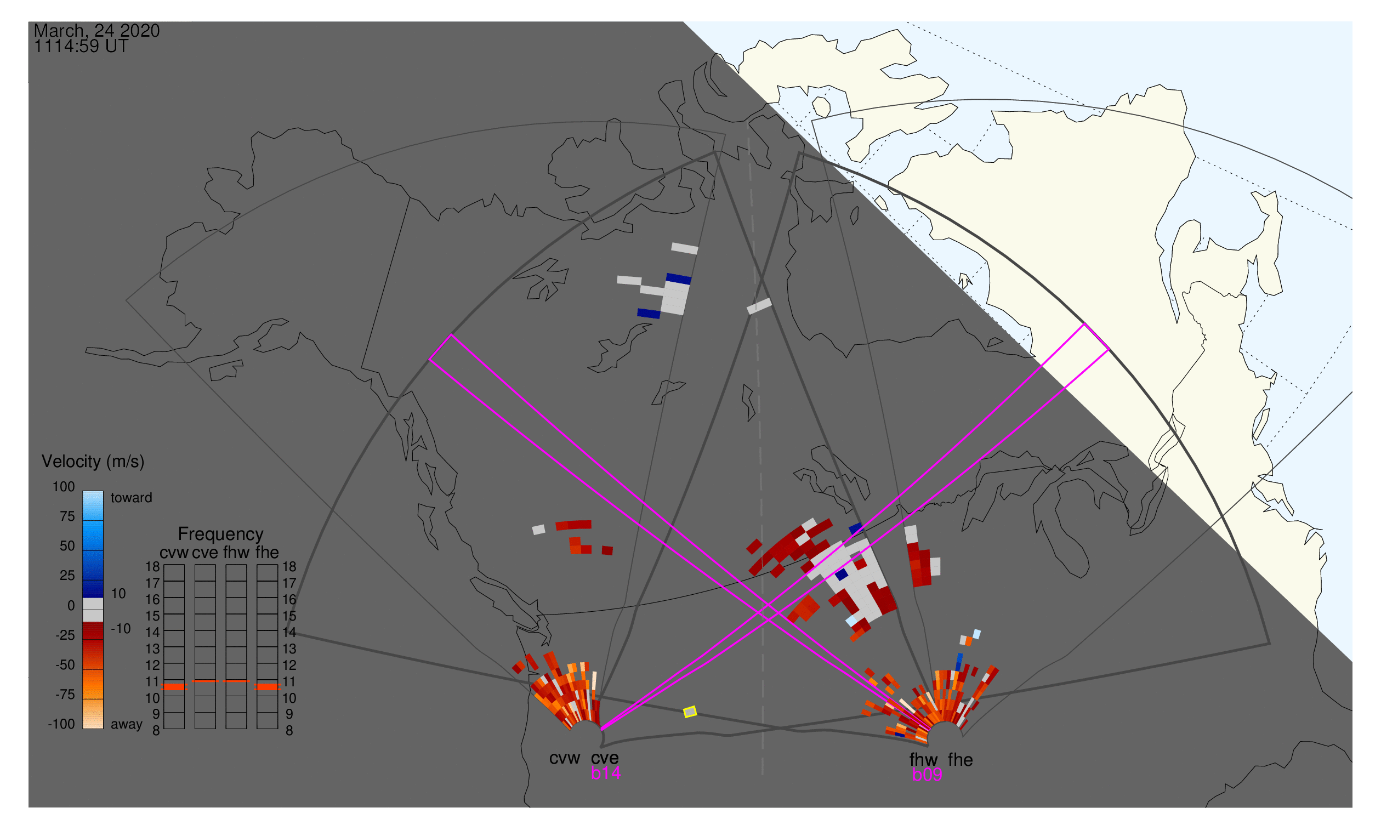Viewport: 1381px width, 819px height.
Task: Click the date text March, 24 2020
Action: (96, 31)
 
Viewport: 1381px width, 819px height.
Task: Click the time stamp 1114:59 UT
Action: (81, 47)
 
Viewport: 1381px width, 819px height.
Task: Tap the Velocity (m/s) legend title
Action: (93, 462)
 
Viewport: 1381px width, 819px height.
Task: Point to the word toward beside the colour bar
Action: (132, 498)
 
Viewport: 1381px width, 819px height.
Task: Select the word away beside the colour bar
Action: (127, 725)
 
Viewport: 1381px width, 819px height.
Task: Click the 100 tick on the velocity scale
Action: (64, 487)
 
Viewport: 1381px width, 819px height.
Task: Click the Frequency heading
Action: (221, 535)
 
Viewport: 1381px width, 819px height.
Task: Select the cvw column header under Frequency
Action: (174, 553)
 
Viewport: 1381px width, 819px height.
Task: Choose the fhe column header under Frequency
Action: (267, 553)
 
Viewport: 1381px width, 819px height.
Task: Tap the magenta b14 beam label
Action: (605, 774)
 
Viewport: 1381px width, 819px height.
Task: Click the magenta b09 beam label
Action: (927, 775)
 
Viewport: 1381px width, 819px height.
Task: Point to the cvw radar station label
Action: (564, 759)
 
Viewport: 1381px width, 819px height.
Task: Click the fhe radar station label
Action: (961, 760)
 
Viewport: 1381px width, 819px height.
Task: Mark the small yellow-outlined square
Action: (690, 713)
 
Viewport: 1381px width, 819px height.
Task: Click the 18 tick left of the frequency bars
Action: (153, 567)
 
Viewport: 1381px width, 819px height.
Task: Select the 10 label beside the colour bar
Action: (118, 594)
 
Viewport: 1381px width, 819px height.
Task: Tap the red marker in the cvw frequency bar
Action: (174, 687)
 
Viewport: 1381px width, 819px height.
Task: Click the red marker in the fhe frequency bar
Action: (268, 687)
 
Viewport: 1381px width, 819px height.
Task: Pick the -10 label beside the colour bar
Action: (121, 629)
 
